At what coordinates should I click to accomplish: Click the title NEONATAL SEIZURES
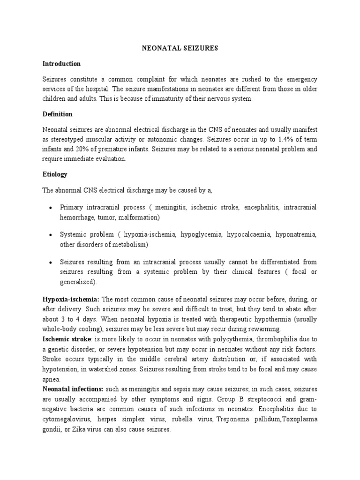coord(180,48)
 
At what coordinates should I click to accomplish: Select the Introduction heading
coord(61,64)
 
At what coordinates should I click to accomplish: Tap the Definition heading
coord(57,114)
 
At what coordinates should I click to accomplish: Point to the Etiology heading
coord(55,174)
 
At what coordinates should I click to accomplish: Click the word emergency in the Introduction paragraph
coord(300,79)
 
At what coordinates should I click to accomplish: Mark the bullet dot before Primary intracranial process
coord(50,208)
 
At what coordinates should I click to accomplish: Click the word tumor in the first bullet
coord(99,217)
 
